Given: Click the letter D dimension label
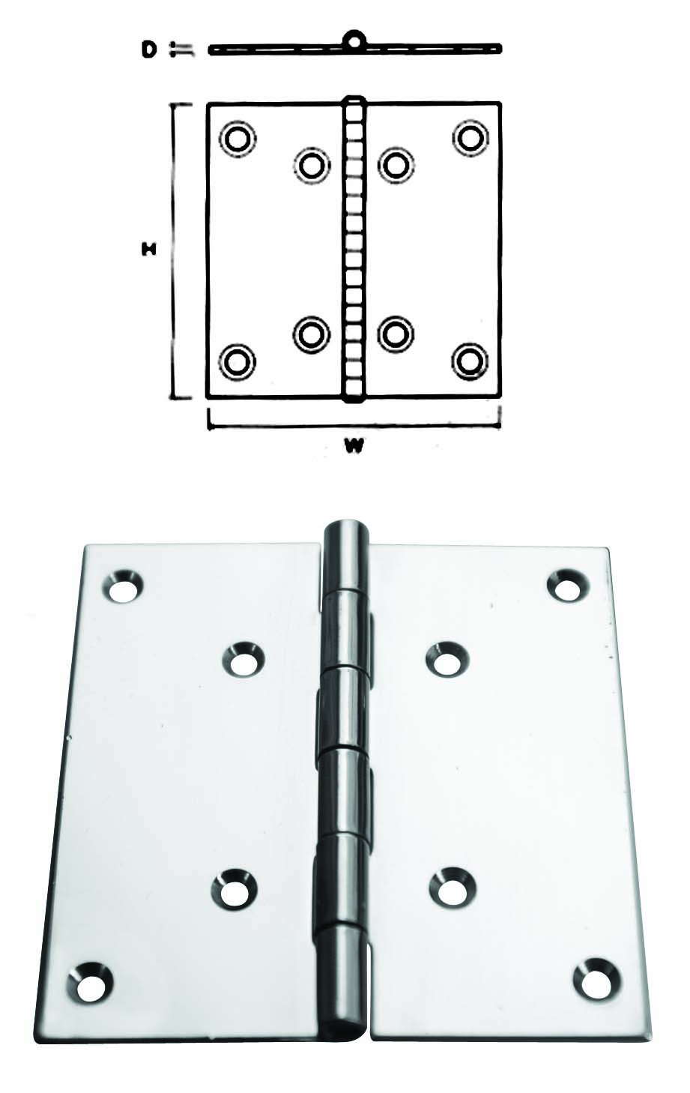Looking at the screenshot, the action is pyautogui.click(x=149, y=49).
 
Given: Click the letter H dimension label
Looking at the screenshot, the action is pyautogui.click(x=149, y=250).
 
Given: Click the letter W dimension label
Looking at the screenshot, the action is pyautogui.click(x=354, y=446).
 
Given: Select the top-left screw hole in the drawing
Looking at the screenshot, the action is pyautogui.click(x=238, y=139).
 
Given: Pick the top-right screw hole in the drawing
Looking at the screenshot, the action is pyautogui.click(x=470, y=137).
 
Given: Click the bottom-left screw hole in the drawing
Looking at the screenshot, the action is pyautogui.click(x=237, y=362).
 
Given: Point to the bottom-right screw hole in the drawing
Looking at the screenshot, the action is pyautogui.click(x=470, y=361).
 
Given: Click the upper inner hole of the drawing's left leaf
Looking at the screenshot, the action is pyautogui.click(x=312, y=164).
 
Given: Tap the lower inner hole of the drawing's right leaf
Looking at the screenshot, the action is pyautogui.click(x=396, y=334).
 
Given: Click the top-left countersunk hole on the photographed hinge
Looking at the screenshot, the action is pyautogui.click(x=123, y=585).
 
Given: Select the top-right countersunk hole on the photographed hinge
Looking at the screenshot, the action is pyautogui.click(x=568, y=585).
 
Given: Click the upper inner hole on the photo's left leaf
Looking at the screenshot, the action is pyautogui.click(x=243, y=660).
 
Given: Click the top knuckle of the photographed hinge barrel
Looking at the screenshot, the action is pyautogui.click(x=345, y=556).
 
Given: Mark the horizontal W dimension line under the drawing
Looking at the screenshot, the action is pyautogui.click(x=354, y=426).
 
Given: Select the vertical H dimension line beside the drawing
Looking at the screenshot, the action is pyautogui.click(x=175, y=251).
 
